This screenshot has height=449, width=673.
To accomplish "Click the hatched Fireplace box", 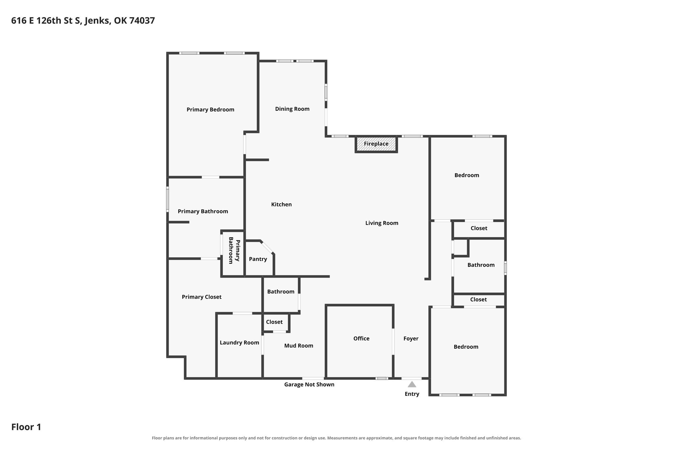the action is [376, 144].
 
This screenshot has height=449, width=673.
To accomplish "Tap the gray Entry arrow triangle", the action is [412, 384].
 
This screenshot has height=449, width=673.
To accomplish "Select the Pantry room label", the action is [258, 259].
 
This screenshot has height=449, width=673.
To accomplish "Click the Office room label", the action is [361, 338].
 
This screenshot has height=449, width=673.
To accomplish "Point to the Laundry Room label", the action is [240, 343].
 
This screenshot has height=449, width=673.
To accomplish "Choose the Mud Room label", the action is [299, 346].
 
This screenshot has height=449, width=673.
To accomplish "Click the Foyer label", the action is [411, 338].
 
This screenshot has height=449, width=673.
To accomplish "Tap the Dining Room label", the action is [292, 109].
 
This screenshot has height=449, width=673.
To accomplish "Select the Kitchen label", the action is [282, 204].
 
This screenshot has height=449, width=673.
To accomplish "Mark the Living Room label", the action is [382, 223].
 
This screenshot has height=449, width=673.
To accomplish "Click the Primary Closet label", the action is [202, 297].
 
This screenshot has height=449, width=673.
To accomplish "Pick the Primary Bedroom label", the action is [211, 110].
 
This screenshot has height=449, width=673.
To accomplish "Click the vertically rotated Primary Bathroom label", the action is [234, 250].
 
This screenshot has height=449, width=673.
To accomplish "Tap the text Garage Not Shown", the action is [309, 385].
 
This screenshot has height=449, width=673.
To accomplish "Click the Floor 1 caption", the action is [26, 427].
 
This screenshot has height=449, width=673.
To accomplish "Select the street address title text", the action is [83, 21].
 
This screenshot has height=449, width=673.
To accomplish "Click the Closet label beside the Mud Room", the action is [274, 322].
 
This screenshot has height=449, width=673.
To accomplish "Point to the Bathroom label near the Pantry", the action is [281, 292].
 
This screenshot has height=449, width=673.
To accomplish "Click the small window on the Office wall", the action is [382, 378].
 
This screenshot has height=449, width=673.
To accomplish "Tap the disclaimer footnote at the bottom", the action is [336, 438].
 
